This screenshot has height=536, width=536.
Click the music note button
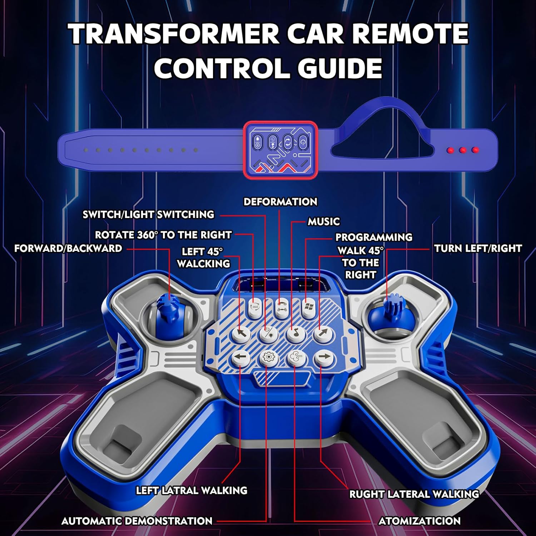[294, 333]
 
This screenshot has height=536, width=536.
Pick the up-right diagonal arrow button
[323, 333]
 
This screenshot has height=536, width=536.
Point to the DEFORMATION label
[280, 202]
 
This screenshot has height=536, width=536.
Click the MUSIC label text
[324, 222]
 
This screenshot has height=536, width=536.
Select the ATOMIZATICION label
[420, 521]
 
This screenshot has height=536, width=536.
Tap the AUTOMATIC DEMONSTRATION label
[137, 521]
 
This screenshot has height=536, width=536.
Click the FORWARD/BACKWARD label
[68, 248]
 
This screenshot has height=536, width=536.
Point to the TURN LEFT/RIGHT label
[478, 248]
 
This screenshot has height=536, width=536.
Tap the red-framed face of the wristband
[281, 149]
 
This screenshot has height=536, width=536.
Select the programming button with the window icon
[308, 307]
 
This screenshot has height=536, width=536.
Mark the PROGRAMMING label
[374, 237]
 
